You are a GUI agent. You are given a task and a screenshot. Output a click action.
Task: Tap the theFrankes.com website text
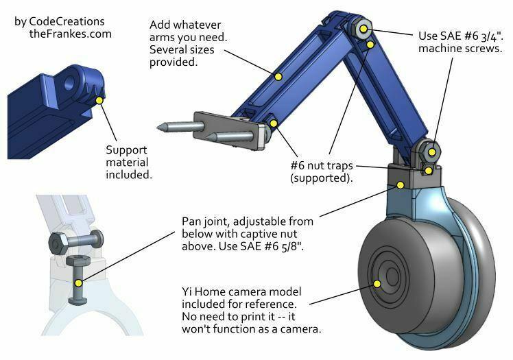point(70,34)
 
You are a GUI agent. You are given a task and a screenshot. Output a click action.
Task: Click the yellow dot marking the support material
point(100,101)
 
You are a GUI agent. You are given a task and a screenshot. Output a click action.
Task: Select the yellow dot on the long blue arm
point(278,75)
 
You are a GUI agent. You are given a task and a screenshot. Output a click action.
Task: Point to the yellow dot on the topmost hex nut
point(364,29)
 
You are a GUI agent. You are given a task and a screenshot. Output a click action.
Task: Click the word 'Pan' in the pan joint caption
point(193,221)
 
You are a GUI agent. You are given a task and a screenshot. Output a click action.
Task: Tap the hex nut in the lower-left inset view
point(58,242)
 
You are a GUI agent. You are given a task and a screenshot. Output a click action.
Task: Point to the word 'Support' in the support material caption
point(126,150)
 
